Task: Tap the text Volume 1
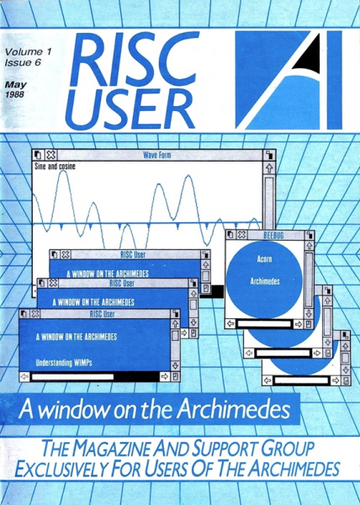28,52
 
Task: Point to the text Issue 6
23,62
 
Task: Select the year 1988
14,94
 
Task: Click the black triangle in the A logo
310,56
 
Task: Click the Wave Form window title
157,155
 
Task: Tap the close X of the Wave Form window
50,155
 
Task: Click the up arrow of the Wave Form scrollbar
269,167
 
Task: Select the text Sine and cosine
55,166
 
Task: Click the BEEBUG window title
273,235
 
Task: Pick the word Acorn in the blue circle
264,258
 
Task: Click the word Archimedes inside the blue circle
265,281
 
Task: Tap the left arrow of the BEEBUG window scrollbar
230,324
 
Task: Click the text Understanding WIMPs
64,363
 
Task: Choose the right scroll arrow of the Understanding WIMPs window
165,376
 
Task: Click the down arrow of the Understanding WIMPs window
175,365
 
